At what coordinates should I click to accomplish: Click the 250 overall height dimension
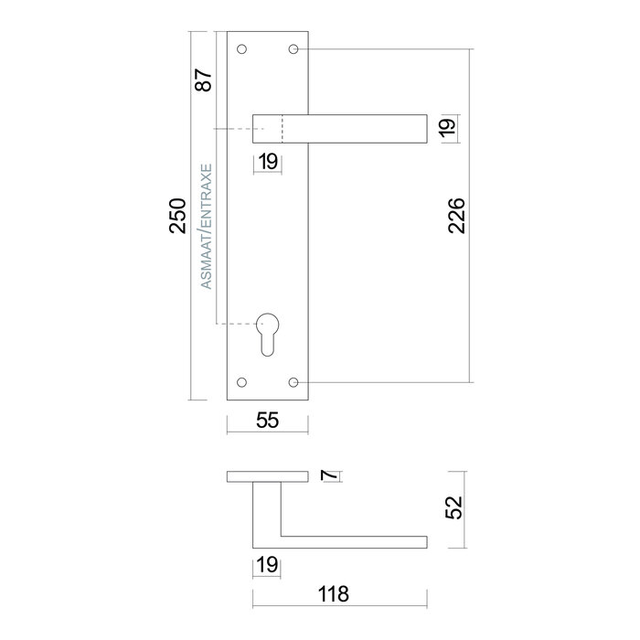(x=179, y=216)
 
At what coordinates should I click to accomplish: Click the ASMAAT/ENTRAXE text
(x=207, y=227)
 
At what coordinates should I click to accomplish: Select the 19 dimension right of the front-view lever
(x=447, y=128)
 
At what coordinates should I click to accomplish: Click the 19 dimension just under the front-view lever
(x=267, y=162)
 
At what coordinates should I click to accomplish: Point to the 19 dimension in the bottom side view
(x=267, y=566)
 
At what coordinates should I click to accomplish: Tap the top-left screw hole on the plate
(x=242, y=48)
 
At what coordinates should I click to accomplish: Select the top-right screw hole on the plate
(x=293, y=48)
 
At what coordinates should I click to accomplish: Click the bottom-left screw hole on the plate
(x=242, y=381)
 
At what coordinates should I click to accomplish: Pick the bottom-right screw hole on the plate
(x=293, y=381)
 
